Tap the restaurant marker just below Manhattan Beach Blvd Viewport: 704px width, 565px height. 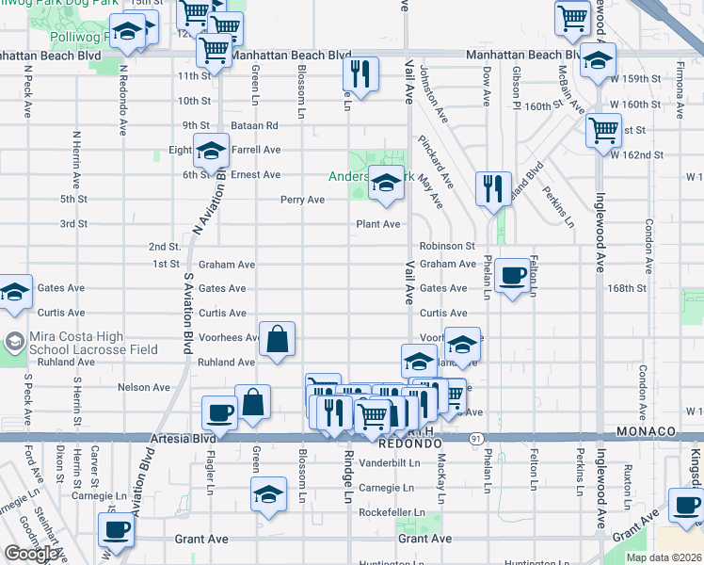click(360, 73)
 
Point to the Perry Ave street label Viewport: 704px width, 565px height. click(302, 200)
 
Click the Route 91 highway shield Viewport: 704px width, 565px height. click(476, 438)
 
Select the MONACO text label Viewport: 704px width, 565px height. click(647, 431)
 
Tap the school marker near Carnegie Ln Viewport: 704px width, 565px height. click(268, 494)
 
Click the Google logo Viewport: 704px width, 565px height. click(30, 555)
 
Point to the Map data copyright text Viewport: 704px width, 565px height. click(664, 557)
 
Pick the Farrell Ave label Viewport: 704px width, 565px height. click(257, 150)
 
